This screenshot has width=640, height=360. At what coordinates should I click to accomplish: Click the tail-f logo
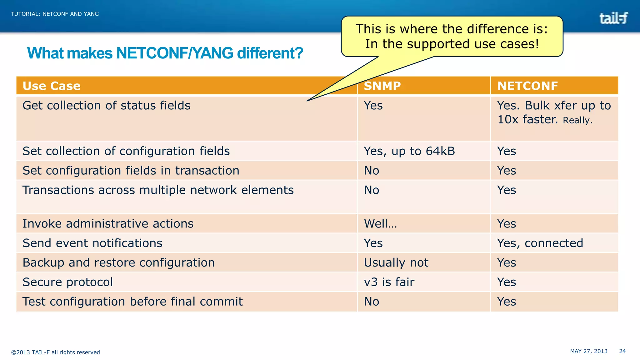pos(613,18)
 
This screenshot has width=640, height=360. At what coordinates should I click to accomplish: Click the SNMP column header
pos(382,86)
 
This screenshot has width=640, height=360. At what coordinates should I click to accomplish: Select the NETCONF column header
pos(527,86)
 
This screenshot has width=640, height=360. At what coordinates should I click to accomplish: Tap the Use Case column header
pos(52,86)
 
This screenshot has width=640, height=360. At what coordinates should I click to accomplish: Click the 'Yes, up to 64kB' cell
pos(409,151)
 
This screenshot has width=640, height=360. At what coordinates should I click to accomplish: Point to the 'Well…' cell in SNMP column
pos(380,224)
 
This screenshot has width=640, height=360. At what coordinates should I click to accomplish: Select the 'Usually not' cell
pos(396,263)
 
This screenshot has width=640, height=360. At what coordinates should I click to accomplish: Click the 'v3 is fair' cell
pos(389,282)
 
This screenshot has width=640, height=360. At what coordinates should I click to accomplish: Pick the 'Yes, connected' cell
pos(540,243)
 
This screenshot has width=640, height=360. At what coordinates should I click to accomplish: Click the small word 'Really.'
pos(577,120)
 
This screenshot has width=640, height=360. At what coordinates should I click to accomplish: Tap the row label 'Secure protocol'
pos(67,282)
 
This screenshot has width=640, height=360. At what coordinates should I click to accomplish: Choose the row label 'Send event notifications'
pos(92,243)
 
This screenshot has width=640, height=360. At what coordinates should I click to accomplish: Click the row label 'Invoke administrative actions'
pos(108,224)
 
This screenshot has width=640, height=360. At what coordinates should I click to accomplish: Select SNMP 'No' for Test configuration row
pos(372,302)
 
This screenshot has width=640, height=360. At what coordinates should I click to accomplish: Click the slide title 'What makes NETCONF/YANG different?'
pos(165,53)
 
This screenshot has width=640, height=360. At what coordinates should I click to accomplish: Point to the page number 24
pos(622,351)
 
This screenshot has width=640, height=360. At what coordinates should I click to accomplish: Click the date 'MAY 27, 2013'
pos(589,351)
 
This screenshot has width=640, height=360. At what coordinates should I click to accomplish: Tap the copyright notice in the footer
pos(56,352)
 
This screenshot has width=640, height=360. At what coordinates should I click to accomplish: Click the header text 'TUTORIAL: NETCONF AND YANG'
pos(55,14)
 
